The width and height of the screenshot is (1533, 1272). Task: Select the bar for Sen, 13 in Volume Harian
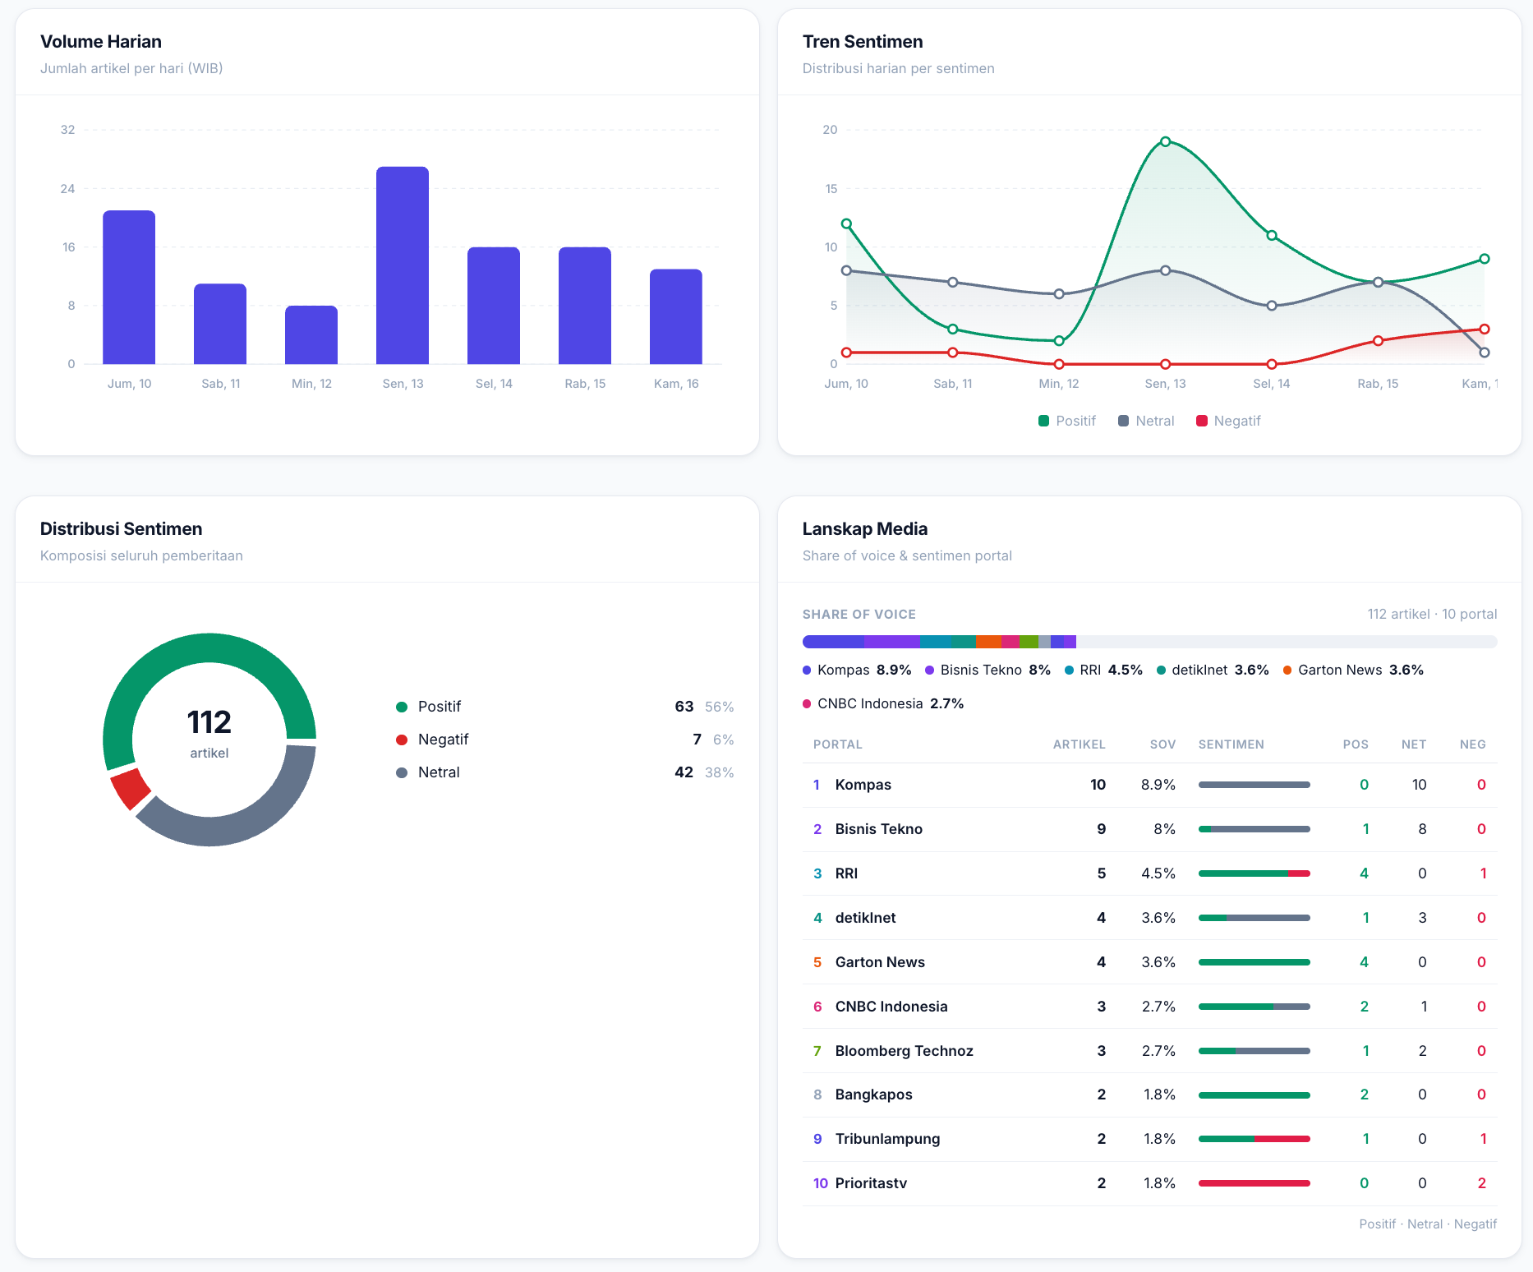(403, 265)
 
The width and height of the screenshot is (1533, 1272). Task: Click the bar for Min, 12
(311, 334)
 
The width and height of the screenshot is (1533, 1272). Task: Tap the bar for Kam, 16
(676, 316)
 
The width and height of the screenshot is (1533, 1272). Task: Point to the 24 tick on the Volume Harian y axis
(67, 189)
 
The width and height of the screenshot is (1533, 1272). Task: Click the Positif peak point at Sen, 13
(1165, 141)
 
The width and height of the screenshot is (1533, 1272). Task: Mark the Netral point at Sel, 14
(1272, 306)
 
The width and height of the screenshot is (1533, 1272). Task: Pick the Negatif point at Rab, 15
(1378, 341)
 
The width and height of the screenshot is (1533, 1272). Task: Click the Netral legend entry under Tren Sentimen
(1146, 421)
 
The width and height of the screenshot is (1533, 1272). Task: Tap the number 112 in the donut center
(209, 722)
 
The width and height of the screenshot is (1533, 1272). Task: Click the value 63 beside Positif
(684, 707)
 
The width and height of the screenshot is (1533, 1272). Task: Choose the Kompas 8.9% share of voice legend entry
(857, 670)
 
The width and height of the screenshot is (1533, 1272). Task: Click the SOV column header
(1162, 744)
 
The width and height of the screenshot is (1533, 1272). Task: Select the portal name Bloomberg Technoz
(904, 1051)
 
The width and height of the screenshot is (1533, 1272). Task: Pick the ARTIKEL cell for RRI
(1102, 873)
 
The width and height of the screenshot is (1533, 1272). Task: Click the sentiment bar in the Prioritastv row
(1254, 1183)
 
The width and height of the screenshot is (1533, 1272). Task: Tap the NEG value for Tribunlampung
(1483, 1139)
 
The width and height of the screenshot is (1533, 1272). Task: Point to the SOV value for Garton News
(1158, 962)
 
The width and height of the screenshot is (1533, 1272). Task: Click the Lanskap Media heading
(865, 529)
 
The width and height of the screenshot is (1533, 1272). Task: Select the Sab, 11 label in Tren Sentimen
(953, 384)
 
